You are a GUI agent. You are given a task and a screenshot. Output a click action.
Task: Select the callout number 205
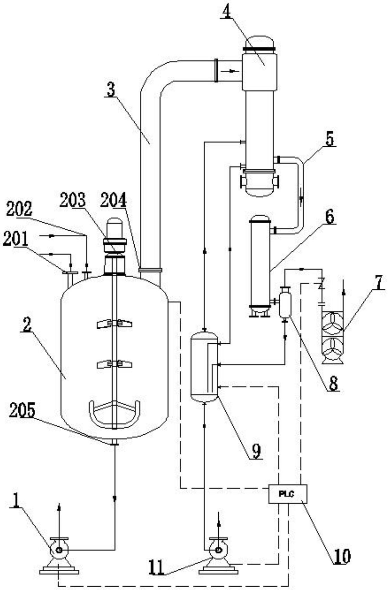[x=22, y=410]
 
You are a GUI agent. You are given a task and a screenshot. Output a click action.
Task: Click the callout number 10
[x=342, y=556]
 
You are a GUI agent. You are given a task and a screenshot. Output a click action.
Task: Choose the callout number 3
[x=111, y=90]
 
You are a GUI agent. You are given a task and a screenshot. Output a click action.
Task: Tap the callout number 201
[x=16, y=239]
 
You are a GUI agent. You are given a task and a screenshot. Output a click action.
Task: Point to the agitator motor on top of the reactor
[x=115, y=246]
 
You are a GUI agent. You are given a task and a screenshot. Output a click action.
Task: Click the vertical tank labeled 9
[x=204, y=367]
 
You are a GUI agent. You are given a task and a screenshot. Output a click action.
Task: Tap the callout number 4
[x=226, y=12]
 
